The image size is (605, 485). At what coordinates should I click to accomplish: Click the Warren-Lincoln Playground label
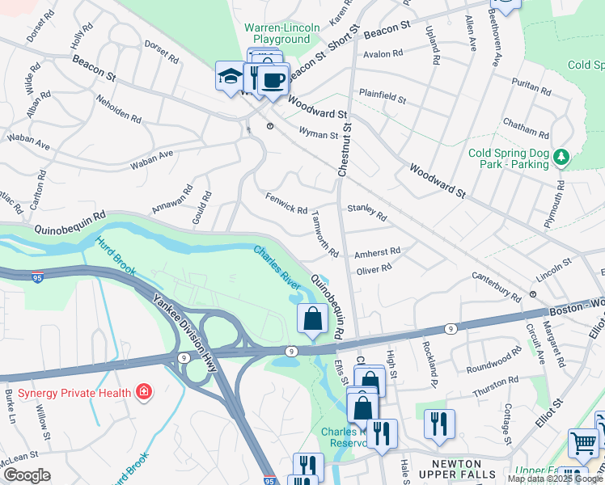point(281,33)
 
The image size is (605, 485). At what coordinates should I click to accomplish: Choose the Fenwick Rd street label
point(286,204)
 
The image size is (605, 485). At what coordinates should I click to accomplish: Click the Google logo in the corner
point(27,475)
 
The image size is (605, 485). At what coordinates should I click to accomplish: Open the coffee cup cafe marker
point(274,80)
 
